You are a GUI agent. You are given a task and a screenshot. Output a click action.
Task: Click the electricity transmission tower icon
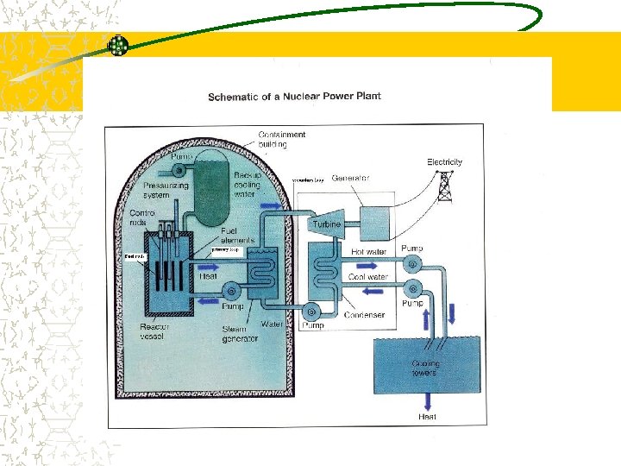point(445,185)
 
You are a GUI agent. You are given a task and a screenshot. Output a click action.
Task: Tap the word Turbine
point(326,224)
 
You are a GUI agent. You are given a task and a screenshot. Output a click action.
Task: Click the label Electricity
point(445,161)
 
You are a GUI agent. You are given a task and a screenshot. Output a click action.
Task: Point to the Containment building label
point(282,139)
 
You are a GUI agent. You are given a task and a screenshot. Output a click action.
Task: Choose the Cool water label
point(368,277)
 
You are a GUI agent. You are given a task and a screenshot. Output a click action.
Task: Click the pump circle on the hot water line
point(411,264)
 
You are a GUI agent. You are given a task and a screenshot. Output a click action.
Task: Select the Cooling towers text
point(425,368)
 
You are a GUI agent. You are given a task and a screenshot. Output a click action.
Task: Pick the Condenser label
point(364,315)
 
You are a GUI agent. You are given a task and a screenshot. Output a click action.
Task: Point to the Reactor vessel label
point(156,332)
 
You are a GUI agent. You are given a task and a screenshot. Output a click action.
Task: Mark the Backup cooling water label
point(248,185)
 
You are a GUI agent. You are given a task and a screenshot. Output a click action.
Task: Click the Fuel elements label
point(239,236)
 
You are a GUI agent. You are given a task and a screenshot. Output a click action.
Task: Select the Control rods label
point(142,217)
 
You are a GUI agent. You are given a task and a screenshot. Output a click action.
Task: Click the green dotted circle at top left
point(117,46)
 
